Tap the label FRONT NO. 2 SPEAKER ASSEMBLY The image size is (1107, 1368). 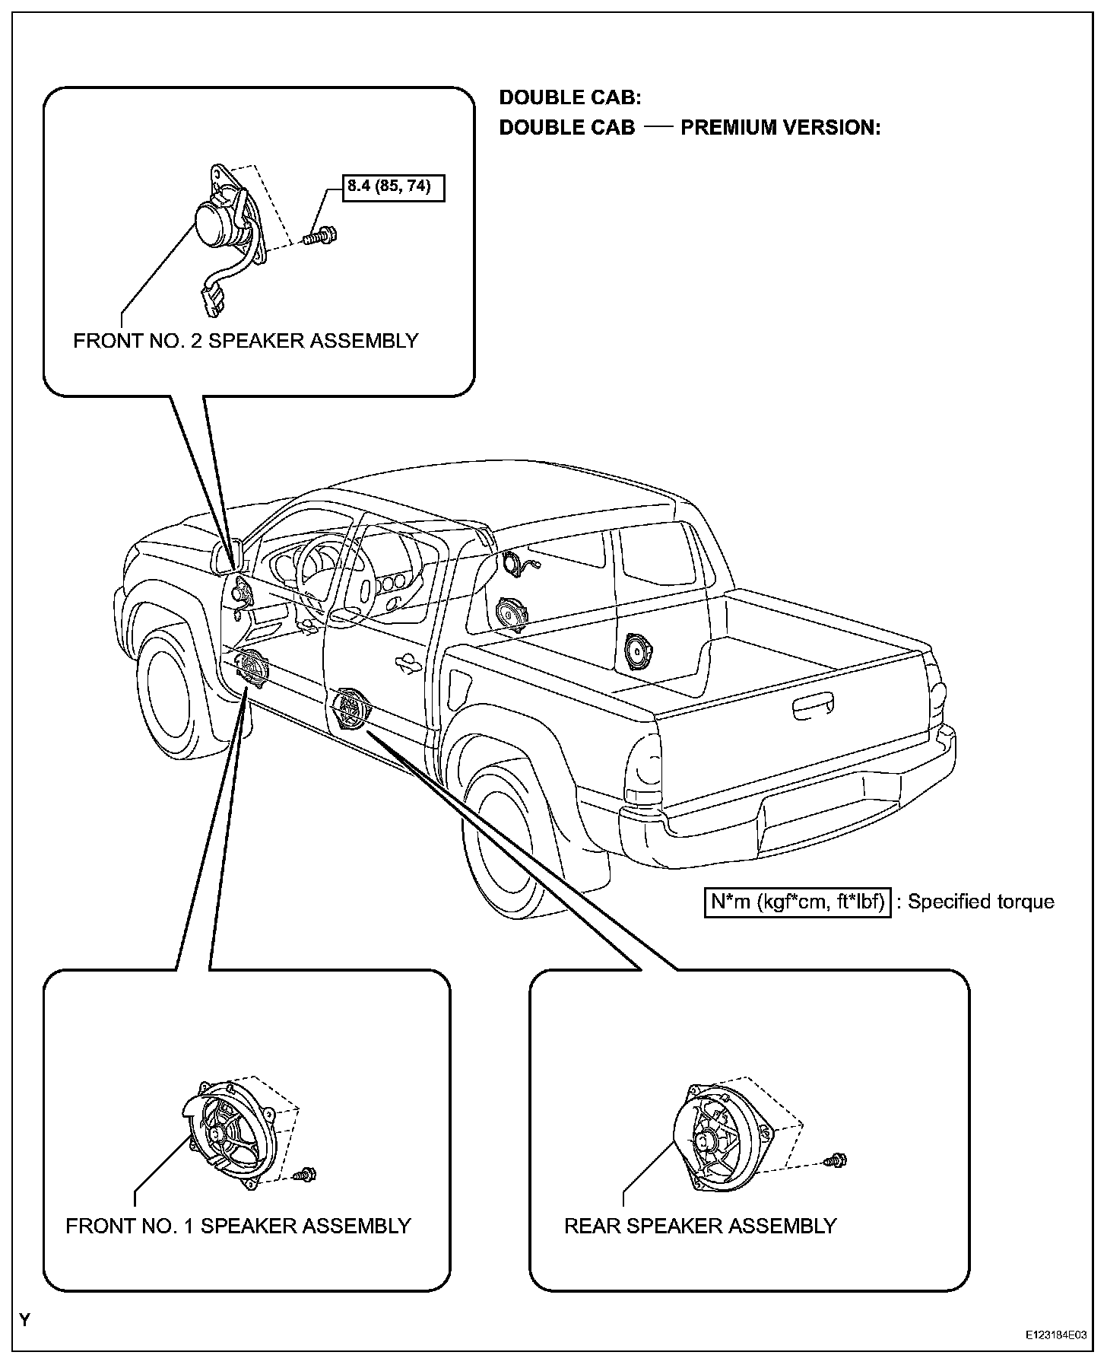[x=246, y=340]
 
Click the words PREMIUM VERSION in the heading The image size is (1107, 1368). [x=780, y=127]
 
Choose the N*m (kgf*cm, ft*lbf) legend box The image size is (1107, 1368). [x=797, y=902]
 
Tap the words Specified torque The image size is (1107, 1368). [x=981, y=902]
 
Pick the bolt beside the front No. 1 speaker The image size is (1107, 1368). [x=306, y=1174]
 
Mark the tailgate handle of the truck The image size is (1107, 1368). [x=820, y=708]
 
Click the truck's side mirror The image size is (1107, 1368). [x=228, y=555]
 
